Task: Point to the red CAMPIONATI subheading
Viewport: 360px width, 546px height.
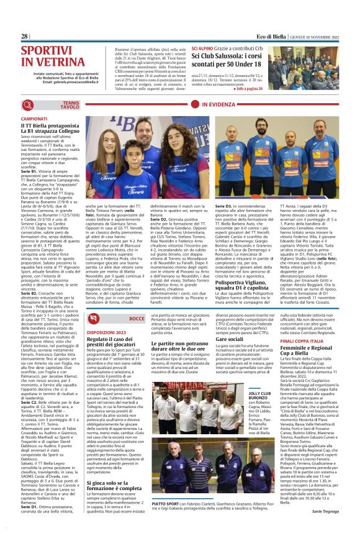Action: [x=34, y=118]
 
